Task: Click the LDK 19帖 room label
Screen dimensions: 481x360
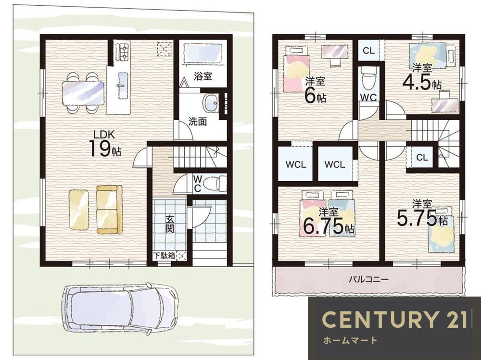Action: click(x=105, y=144)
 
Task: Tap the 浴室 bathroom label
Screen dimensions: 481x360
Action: click(x=203, y=76)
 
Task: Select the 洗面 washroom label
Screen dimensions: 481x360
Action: click(x=198, y=122)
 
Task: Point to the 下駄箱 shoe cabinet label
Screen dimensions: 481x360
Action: click(x=164, y=255)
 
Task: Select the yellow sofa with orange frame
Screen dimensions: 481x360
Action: click(x=110, y=210)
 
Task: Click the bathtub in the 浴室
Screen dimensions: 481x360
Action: click(x=203, y=54)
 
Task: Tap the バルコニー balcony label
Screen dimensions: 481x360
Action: click(x=368, y=279)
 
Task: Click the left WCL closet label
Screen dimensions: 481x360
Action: click(x=296, y=164)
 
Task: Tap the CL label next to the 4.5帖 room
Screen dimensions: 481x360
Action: click(x=368, y=50)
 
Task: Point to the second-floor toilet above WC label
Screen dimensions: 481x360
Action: click(x=368, y=78)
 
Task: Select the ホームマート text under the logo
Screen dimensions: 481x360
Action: click(x=350, y=340)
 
